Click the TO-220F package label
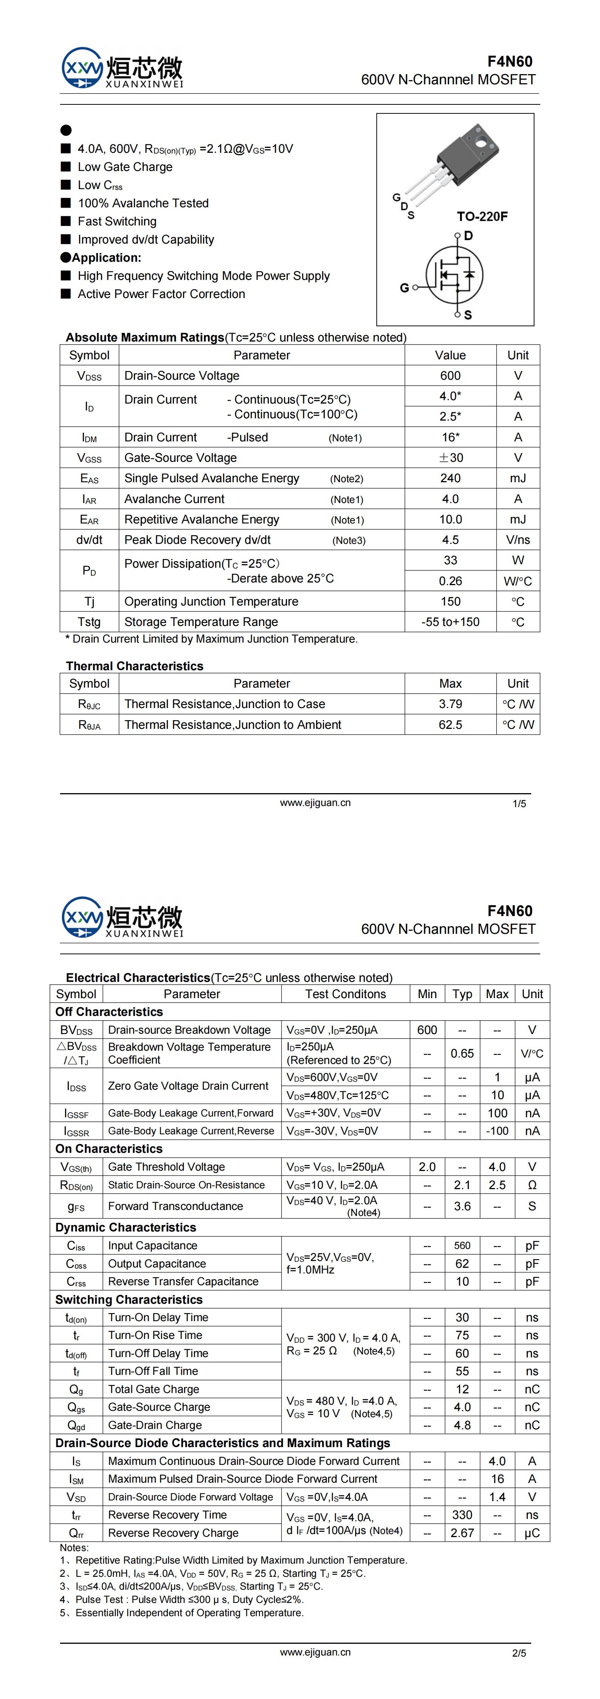coord(482,216)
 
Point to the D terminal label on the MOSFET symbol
coord(468,236)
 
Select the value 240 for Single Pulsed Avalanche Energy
coord(450,478)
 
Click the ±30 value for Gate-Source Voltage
coord(450,458)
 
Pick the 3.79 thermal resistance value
coord(450,704)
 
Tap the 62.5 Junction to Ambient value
coord(450,724)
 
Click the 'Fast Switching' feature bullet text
coord(117,222)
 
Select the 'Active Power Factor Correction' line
coord(161,294)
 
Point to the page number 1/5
coord(519,803)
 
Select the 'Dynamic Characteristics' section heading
coord(125,1227)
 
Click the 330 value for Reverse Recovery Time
coord(462,1515)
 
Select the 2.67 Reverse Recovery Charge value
coord(462,1533)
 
